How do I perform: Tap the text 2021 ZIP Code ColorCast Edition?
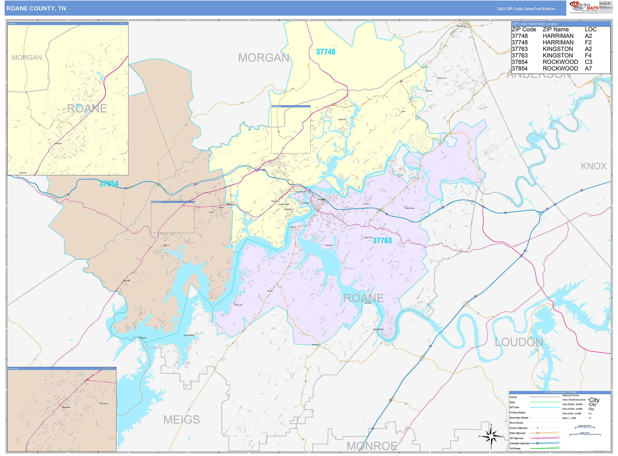(526, 9)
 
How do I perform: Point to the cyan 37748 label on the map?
(325, 52)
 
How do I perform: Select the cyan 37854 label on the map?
(109, 184)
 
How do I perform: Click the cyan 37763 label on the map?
(382, 241)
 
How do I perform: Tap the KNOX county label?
(593, 166)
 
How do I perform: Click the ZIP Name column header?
(555, 29)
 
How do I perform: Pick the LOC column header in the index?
(590, 29)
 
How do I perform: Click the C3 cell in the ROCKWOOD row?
(588, 62)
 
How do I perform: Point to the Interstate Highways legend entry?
(519, 443)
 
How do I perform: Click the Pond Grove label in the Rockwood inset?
(104, 404)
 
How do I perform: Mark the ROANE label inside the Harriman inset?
(87, 109)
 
